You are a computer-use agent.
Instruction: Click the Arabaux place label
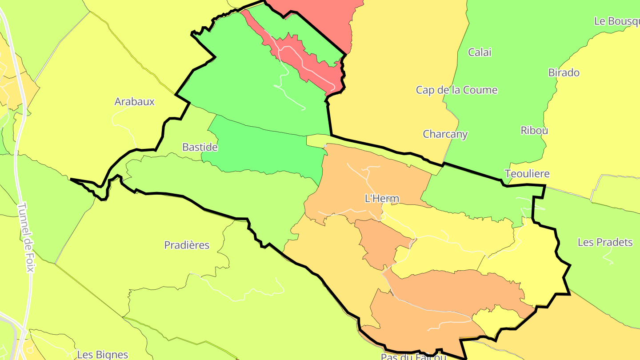tap(134, 101)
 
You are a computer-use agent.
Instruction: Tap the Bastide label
tap(200, 147)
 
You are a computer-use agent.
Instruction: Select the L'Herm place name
tap(382, 199)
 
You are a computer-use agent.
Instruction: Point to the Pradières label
tap(187, 245)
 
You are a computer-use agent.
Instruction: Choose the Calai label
tap(480, 52)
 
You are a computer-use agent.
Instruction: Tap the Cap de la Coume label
tap(456, 90)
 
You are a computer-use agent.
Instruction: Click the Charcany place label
tap(445, 134)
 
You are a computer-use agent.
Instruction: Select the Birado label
tap(564, 72)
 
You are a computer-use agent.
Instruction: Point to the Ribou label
tap(534, 130)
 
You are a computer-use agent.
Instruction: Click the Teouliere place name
tap(527, 173)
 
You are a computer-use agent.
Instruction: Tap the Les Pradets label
tap(605, 242)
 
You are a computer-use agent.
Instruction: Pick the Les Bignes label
tap(103, 355)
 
